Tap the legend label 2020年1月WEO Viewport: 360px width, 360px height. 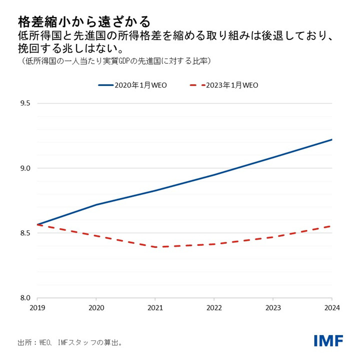point(141,85)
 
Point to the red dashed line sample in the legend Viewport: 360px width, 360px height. point(199,85)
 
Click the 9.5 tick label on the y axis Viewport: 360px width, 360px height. point(25,103)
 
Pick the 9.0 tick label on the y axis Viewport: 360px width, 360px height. point(25,168)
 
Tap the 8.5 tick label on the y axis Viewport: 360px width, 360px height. point(25,233)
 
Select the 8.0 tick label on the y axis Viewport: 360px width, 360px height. point(25,297)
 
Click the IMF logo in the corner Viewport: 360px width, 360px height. point(328,340)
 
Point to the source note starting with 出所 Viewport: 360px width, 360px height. point(70,343)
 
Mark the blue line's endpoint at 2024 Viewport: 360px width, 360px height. point(331,139)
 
